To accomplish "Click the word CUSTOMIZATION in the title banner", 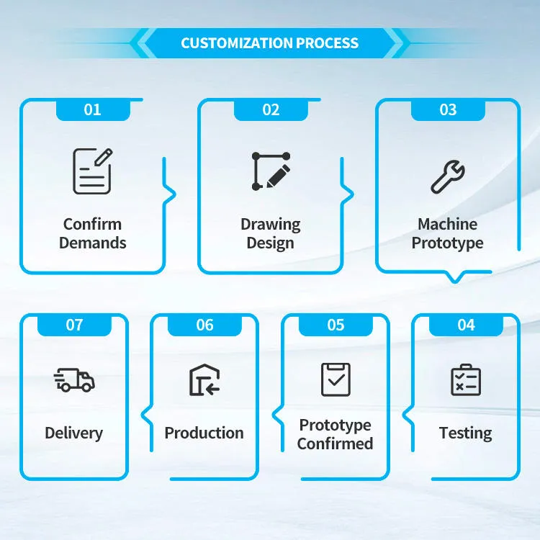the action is (237, 43).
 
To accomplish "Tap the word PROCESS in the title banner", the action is (327, 43).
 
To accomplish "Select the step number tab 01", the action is (93, 110).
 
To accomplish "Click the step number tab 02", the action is (271, 110).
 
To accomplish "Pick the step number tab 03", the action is (448, 110).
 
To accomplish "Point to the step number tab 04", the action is (466, 325).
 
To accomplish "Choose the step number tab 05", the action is (336, 325).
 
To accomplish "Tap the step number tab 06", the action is (205, 325).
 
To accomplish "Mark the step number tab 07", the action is (74, 325).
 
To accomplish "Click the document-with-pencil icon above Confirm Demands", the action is (92, 171).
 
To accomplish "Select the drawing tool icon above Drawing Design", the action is (271, 171).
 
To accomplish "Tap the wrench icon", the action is (448, 176).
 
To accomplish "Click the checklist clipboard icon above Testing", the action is (466, 380).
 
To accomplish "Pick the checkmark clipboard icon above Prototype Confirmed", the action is (336, 379).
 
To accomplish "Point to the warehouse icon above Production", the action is (204, 380).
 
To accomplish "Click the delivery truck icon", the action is (74, 380).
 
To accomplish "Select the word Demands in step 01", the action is (93, 243).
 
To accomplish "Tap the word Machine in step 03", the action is (448, 224).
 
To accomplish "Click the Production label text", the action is (204, 433).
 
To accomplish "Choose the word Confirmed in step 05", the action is (335, 444).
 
